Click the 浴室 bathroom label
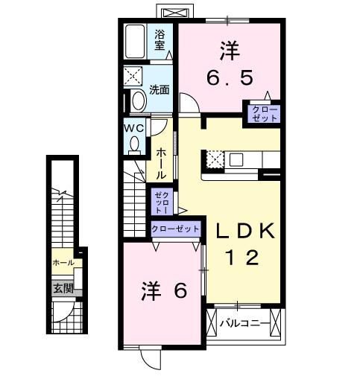click(x=160, y=39)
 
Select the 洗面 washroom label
click(x=159, y=89)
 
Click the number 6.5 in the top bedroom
click(x=229, y=75)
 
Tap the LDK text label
click(x=246, y=231)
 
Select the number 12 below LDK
click(x=242, y=258)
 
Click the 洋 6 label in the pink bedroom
click(x=163, y=292)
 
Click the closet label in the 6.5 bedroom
click(x=265, y=114)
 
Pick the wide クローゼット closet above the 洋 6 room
click(x=175, y=229)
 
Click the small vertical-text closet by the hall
click(x=161, y=202)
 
